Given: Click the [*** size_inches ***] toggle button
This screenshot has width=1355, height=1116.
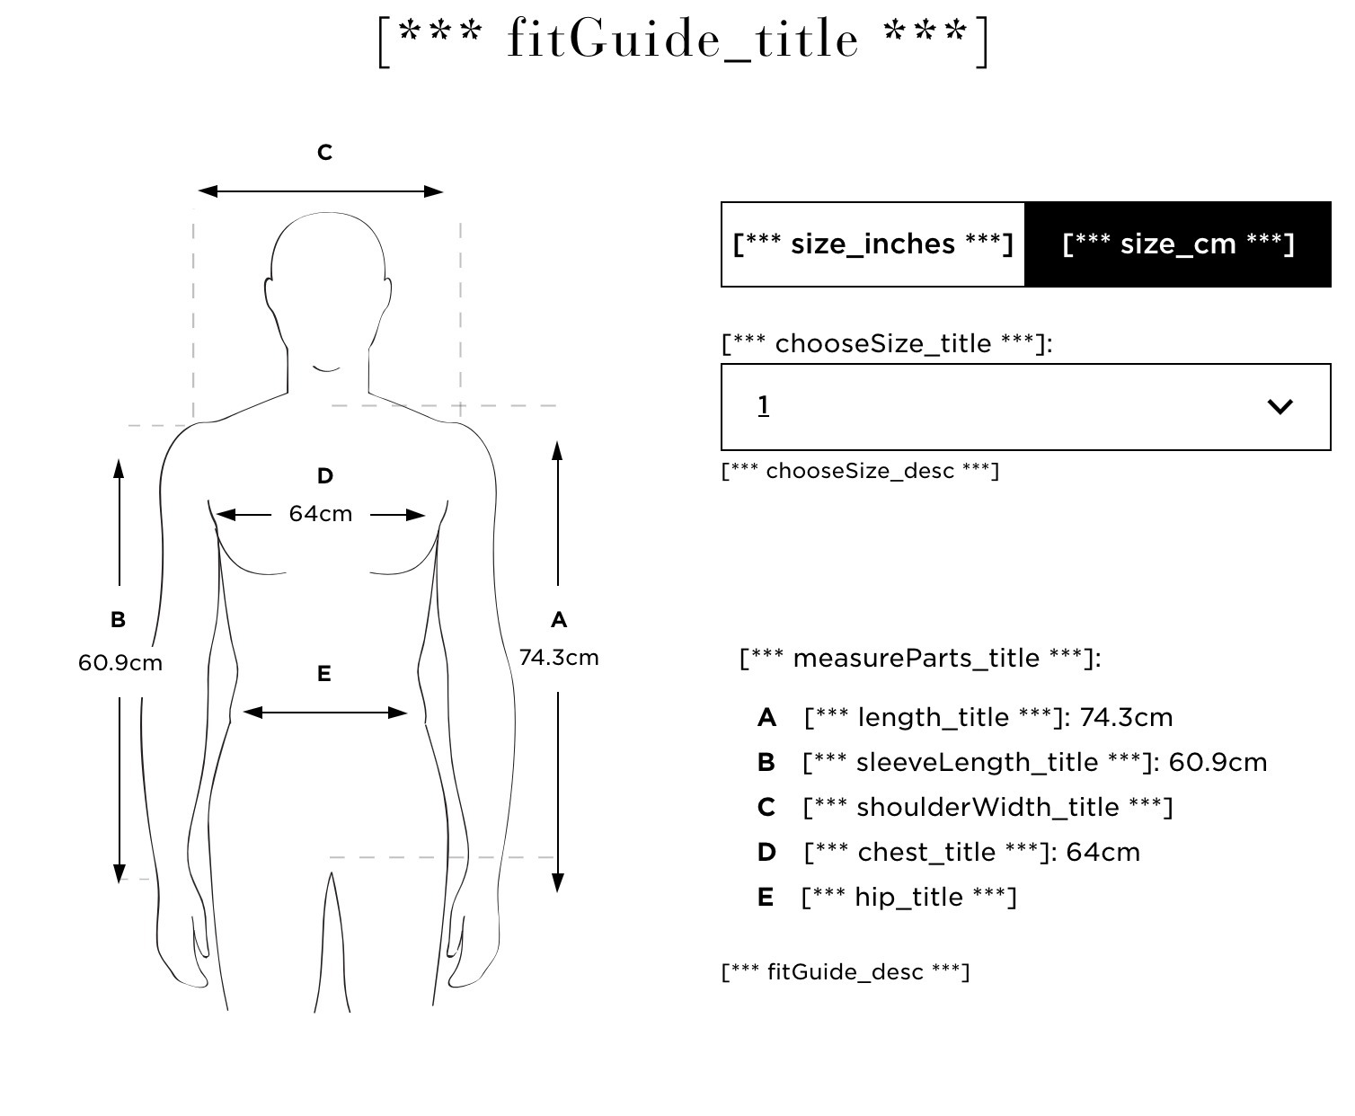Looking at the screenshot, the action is pyautogui.click(x=872, y=244).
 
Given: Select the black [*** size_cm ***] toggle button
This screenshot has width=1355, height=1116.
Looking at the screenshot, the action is pyautogui.click(x=1178, y=244).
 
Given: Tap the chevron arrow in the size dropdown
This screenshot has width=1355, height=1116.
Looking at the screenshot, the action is pyautogui.click(x=1280, y=407).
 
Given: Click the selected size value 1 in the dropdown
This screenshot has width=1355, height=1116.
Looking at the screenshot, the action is pyautogui.click(x=763, y=405).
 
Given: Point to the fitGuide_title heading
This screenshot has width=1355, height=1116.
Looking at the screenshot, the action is pyautogui.click(x=683, y=40).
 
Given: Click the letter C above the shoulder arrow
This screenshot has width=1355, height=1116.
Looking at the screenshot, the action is pyautogui.click(x=324, y=153).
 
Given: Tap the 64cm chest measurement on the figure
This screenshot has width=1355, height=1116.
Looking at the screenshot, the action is pyautogui.click(x=321, y=514).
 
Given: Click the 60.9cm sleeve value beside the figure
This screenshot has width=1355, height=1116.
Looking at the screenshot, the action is pyautogui.click(x=120, y=663).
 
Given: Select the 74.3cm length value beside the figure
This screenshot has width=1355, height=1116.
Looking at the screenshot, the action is pyautogui.click(x=559, y=658).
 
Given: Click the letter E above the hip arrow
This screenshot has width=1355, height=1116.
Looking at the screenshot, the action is pyautogui.click(x=323, y=674).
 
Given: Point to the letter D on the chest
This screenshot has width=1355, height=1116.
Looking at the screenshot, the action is pyautogui.click(x=325, y=476).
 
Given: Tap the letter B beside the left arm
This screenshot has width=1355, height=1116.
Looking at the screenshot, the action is pyautogui.click(x=118, y=620).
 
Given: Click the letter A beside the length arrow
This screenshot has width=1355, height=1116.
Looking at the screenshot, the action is pyautogui.click(x=559, y=620).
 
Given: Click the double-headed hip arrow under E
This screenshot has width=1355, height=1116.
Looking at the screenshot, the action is pyautogui.click(x=325, y=713).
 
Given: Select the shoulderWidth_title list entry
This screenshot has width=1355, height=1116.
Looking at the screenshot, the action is pyautogui.click(x=987, y=808).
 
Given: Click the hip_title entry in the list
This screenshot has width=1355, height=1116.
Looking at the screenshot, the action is pyautogui.click(x=909, y=898).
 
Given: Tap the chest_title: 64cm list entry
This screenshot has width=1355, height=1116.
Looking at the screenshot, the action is pyautogui.click(x=972, y=853).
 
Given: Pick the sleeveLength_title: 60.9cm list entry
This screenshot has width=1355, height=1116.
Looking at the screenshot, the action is pyautogui.click(x=1035, y=762).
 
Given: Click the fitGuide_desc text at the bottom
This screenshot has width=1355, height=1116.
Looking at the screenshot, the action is pyautogui.click(x=846, y=972).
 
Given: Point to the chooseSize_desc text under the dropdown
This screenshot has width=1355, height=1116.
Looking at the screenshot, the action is pyautogui.click(x=861, y=471).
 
